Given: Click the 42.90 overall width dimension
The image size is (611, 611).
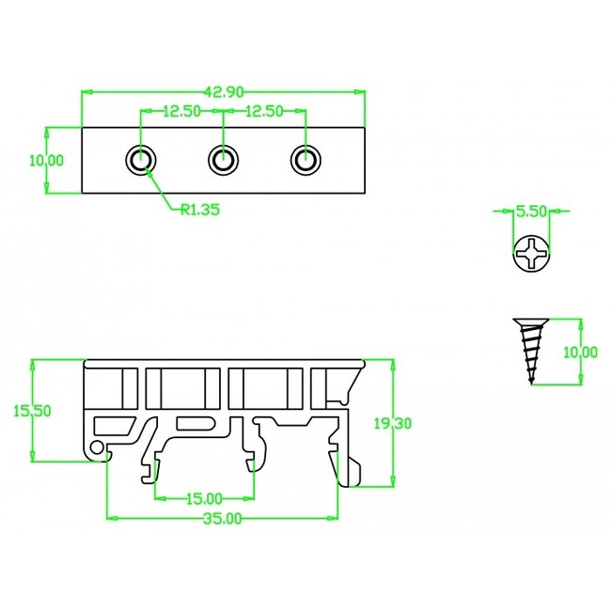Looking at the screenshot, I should click(x=223, y=91).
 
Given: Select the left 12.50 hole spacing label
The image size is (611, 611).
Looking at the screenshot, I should click(x=181, y=111).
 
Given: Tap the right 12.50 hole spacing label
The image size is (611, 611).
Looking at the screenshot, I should click(x=263, y=111).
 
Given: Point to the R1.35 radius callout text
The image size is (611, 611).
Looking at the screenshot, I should click(x=199, y=211).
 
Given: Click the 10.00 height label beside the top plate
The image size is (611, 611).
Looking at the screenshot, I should click(x=45, y=161).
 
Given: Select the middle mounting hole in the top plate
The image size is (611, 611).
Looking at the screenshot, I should click(x=222, y=160).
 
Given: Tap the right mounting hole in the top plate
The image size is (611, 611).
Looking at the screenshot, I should click(x=303, y=160).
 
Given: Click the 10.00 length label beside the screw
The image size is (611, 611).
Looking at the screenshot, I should click(x=579, y=352).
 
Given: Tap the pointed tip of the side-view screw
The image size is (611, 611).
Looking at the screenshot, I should click(x=533, y=382).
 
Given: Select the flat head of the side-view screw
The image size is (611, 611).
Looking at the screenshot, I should click(x=532, y=321).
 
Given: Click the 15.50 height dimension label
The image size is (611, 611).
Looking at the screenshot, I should click(x=31, y=410).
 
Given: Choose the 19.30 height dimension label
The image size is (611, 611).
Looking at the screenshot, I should click(x=391, y=424).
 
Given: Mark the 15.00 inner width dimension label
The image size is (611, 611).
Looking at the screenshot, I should click(x=203, y=498).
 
